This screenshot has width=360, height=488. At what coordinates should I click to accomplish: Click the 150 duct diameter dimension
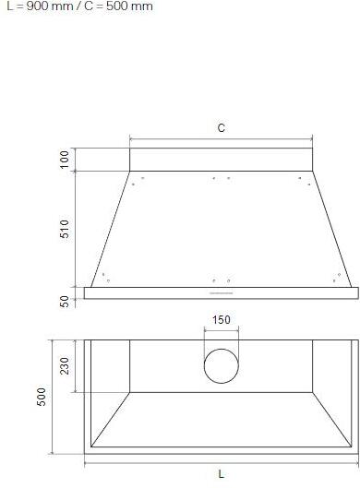(x=222, y=319)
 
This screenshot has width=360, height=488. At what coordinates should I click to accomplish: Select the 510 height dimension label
(x=65, y=229)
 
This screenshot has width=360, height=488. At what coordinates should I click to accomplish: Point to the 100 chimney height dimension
(x=65, y=160)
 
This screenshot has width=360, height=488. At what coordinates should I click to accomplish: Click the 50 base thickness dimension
(x=65, y=302)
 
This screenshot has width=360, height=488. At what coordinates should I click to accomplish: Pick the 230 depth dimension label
(x=65, y=366)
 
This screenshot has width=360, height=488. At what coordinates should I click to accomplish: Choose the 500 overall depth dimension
(x=42, y=397)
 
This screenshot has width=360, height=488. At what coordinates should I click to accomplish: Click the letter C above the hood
(x=222, y=128)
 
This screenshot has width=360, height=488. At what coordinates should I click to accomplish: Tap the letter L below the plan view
(x=222, y=474)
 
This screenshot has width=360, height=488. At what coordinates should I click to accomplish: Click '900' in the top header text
(x=37, y=6)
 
